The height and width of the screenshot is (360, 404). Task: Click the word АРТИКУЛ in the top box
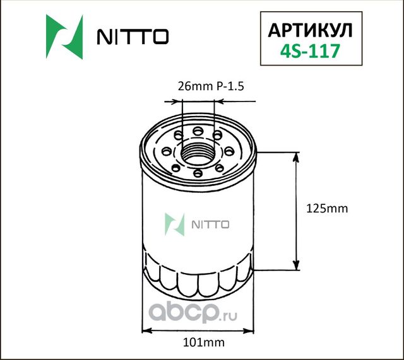tap(311, 31)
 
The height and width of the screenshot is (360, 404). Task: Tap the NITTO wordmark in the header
tap(131, 37)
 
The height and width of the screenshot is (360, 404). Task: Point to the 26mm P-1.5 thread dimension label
tap(201, 88)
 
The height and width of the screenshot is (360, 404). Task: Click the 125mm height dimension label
tap(326, 208)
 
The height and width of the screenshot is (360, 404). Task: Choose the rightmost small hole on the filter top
tap(230, 151)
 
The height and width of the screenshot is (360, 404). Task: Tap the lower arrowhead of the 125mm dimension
tap(295, 265)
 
